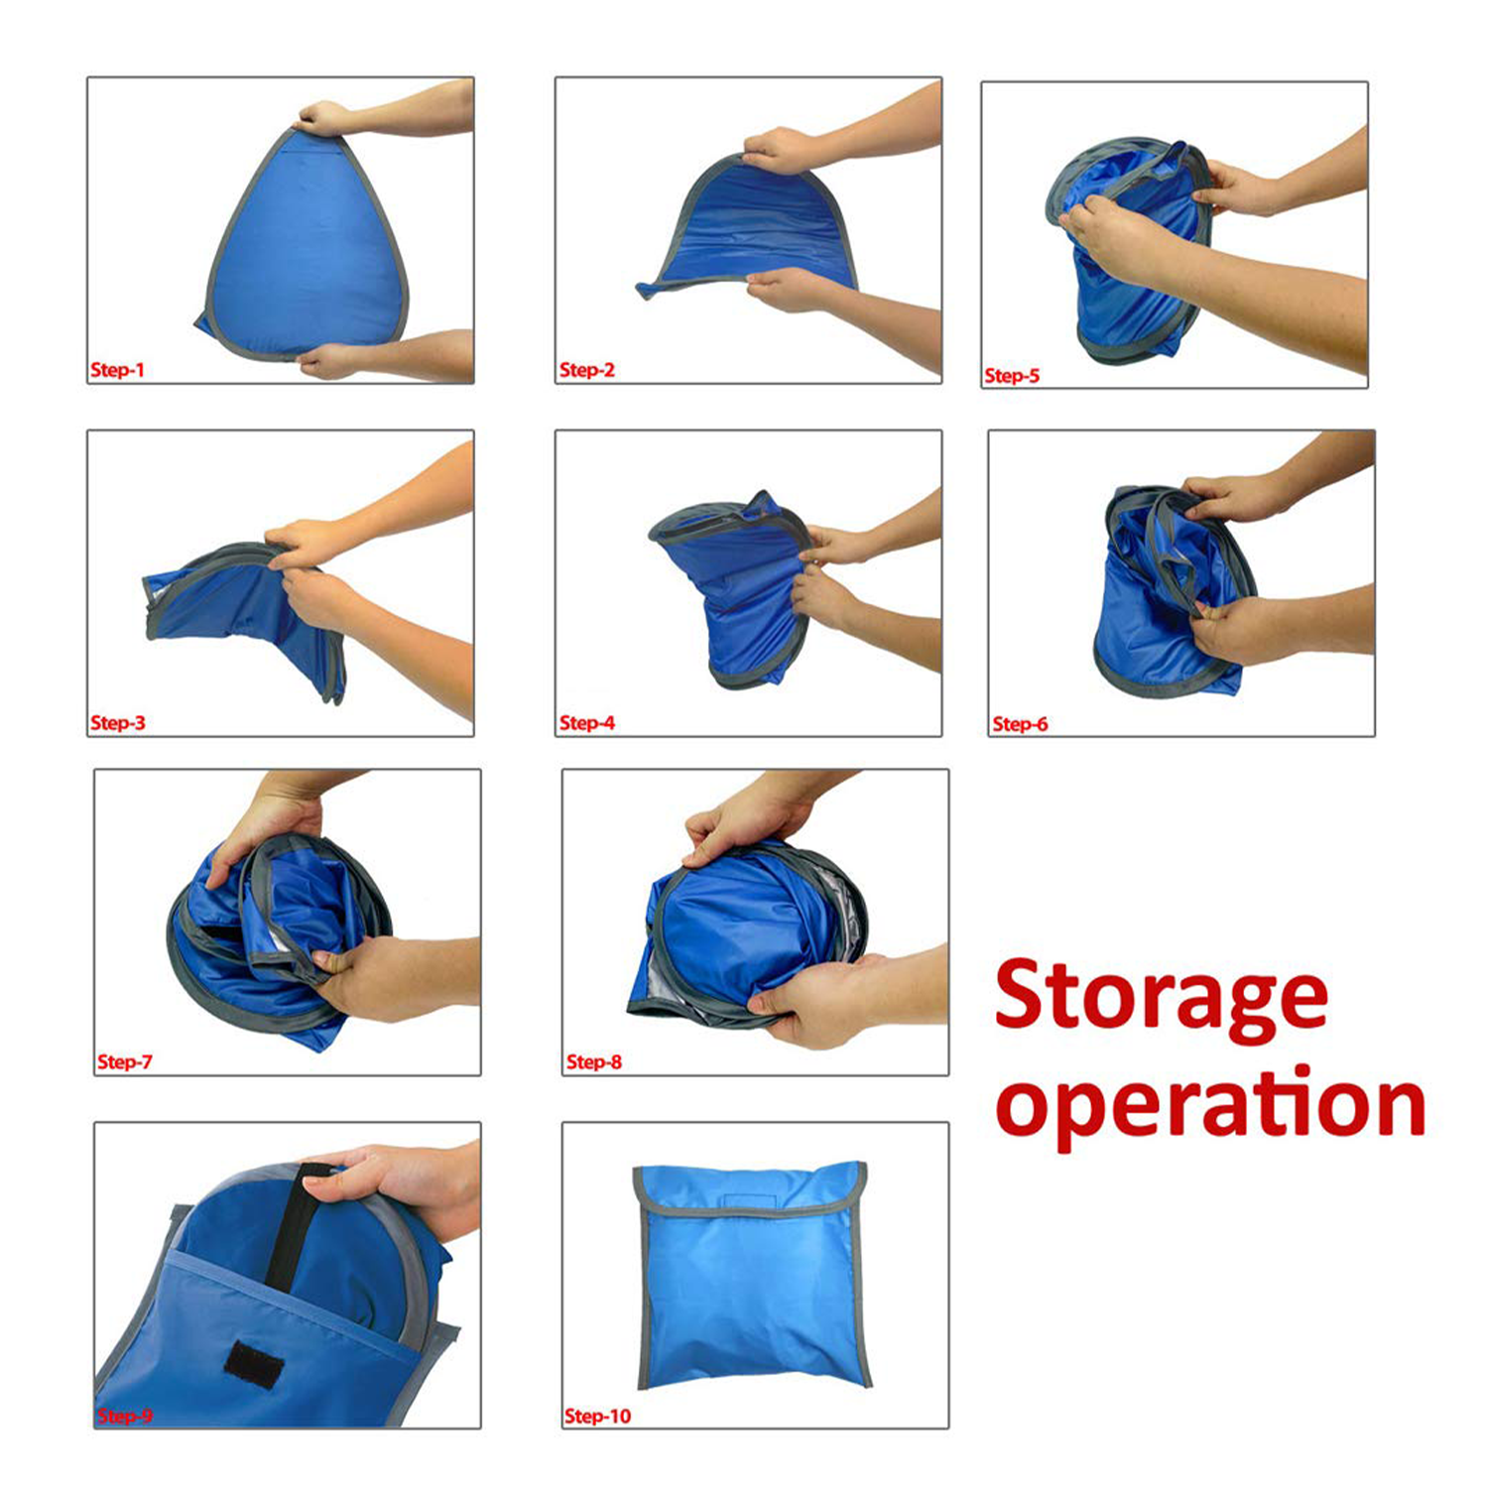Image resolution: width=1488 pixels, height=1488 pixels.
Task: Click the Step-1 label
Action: tap(117, 370)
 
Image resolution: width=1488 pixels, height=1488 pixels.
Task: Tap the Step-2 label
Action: tap(586, 370)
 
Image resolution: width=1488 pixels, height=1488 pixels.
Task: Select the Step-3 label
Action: tap(117, 723)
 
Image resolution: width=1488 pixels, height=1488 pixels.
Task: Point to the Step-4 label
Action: tap(586, 723)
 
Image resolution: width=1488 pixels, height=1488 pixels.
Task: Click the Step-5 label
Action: tap(1012, 376)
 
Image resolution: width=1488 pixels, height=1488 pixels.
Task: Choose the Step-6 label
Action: tap(1020, 724)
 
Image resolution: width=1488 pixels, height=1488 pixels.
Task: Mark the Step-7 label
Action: tap(125, 1062)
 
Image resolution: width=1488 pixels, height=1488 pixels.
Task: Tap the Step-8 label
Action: tap(593, 1062)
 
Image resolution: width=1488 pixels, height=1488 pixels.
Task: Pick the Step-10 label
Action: tap(597, 1417)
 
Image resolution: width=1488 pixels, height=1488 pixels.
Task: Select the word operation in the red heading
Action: tap(1210, 1106)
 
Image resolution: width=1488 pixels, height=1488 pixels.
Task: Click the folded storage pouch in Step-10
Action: tap(752, 1275)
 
